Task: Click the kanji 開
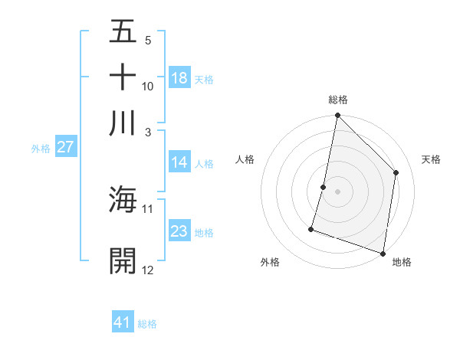[123, 260]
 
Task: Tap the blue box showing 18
[179, 78]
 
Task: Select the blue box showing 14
[179, 162]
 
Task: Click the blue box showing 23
[179, 231]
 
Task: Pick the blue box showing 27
[65, 148]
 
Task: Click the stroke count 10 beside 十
[148, 86]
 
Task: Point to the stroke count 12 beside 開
[148, 270]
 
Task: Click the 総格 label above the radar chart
[338, 100]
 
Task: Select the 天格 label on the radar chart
[431, 159]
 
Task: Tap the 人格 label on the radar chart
[245, 159]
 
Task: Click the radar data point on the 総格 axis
[337, 116]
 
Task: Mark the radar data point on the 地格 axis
[383, 253]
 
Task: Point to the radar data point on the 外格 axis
[311, 228]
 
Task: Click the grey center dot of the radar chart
[337, 191]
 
